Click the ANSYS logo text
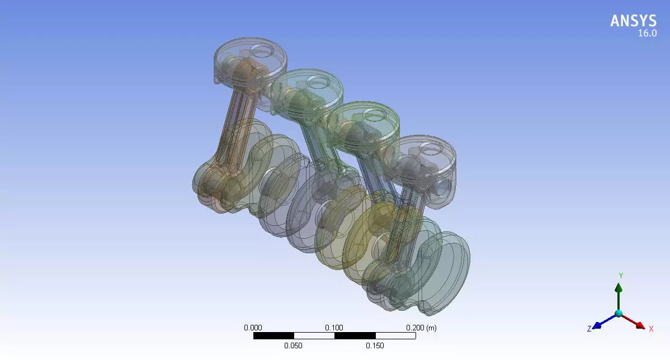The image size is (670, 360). pyautogui.click(x=633, y=21)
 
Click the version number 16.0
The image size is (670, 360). pyautogui.click(x=647, y=34)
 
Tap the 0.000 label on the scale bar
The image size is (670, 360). pyautogui.click(x=253, y=328)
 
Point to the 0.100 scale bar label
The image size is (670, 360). pyautogui.click(x=334, y=328)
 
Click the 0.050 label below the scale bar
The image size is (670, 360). pyautogui.click(x=294, y=345)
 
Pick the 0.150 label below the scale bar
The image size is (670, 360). pyautogui.click(x=375, y=345)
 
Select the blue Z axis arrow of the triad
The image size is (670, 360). pyautogui.click(x=602, y=323)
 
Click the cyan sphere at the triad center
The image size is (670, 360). pyautogui.click(x=619, y=314)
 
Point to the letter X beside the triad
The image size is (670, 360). pyautogui.click(x=651, y=329)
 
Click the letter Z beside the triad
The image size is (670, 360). pyautogui.click(x=589, y=329)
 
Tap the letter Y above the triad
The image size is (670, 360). pyautogui.click(x=620, y=276)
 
